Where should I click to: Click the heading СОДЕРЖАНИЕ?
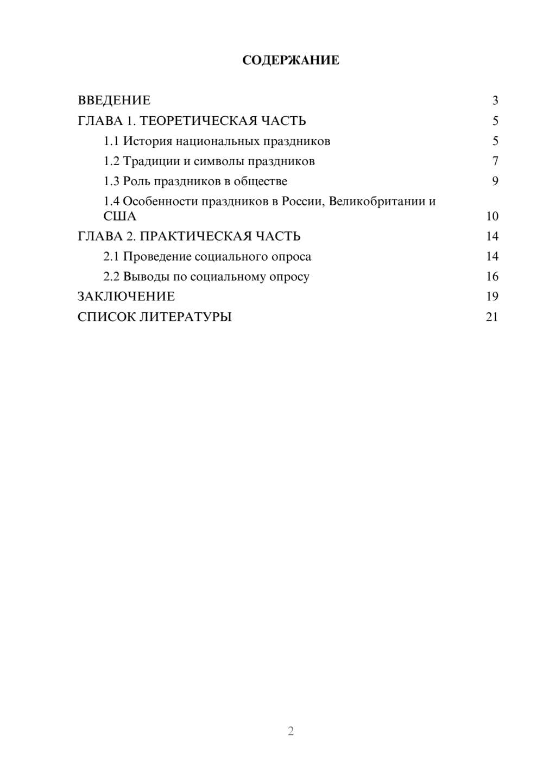[291, 60]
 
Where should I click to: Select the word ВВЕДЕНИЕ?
[114, 100]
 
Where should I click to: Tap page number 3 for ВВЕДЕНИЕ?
[495, 100]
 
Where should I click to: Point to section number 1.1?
[111, 141]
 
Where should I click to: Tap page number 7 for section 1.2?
[495, 161]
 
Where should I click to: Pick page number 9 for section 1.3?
[495, 181]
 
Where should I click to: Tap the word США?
[119, 216]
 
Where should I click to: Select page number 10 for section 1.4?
[492, 216]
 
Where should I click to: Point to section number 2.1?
[111, 256]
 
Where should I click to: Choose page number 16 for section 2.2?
[492, 276]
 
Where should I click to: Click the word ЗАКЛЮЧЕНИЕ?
[126, 297]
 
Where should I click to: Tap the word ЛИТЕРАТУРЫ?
[185, 317]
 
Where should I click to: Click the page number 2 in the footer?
[291, 731]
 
